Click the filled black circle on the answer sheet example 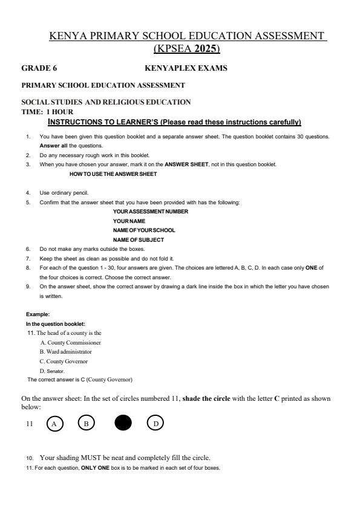[x=123, y=424]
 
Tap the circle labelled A [x=55, y=424]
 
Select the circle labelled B [x=86, y=424]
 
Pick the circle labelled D [x=155, y=424]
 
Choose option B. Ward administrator [x=66, y=352]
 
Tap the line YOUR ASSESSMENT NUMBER [x=150, y=212]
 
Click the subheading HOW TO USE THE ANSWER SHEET [x=113, y=174]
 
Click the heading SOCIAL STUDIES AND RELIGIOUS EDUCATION [x=106, y=102]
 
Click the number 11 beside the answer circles [x=28, y=424]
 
